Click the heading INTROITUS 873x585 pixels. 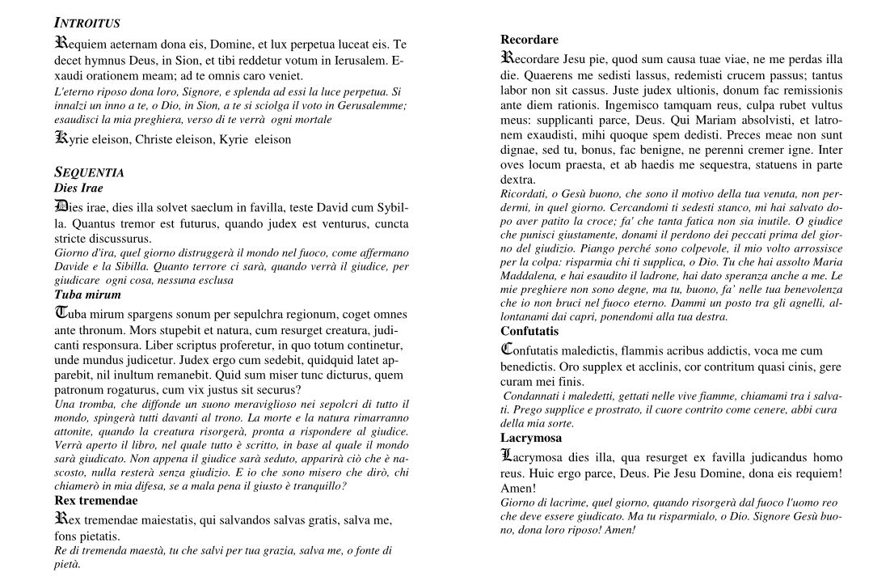(x=86, y=22)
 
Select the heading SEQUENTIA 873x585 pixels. (x=88, y=172)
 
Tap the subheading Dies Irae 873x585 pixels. (x=78, y=188)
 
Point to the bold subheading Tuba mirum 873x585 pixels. (x=87, y=295)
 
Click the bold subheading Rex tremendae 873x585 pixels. (x=95, y=501)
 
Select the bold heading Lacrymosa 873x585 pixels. (x=531, y=438)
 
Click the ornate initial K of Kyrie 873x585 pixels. (x=60, y=138)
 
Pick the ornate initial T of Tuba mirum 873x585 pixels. (x=61, y=313)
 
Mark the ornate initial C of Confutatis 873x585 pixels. (x=507, y=350)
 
